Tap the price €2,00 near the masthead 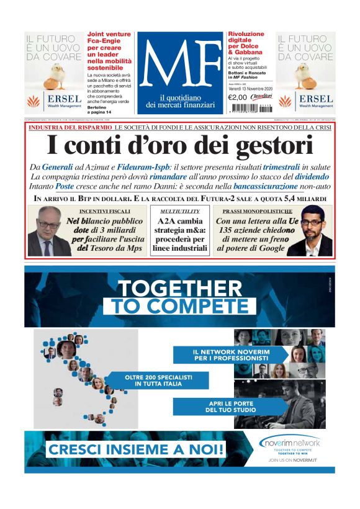coord(238,97)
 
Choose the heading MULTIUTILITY coord(171,211)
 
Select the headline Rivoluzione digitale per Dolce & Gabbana coord(248,44)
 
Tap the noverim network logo coord(290,443)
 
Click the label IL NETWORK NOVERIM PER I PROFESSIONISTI coord(230,354)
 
